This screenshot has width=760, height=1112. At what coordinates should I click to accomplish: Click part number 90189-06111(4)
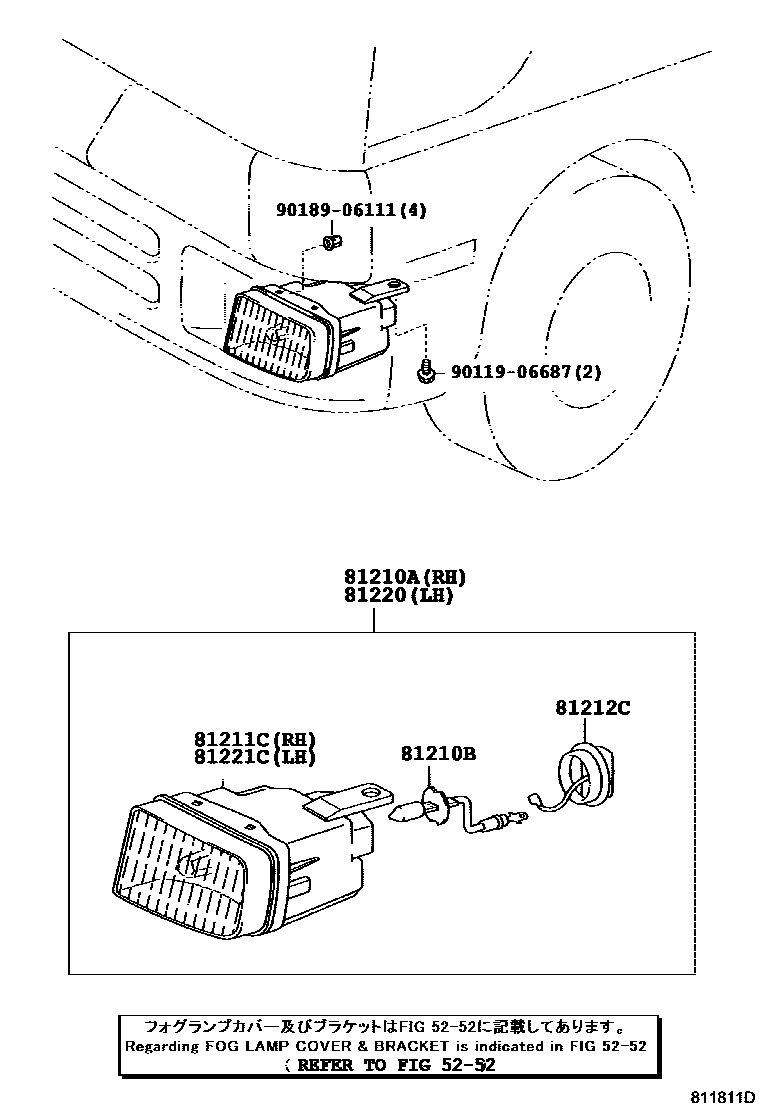click(x=351, y=211)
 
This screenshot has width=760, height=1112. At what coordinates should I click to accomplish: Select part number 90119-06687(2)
click(x=526, y=372)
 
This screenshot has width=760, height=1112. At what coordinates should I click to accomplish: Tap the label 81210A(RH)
click(x=405, y=578)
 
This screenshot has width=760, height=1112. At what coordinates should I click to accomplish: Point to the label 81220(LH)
click(x=399, y=596)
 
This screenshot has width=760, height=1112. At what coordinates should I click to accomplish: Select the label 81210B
click(x=439, y=753)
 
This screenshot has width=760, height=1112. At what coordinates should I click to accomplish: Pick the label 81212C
click(x=593, y=708)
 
